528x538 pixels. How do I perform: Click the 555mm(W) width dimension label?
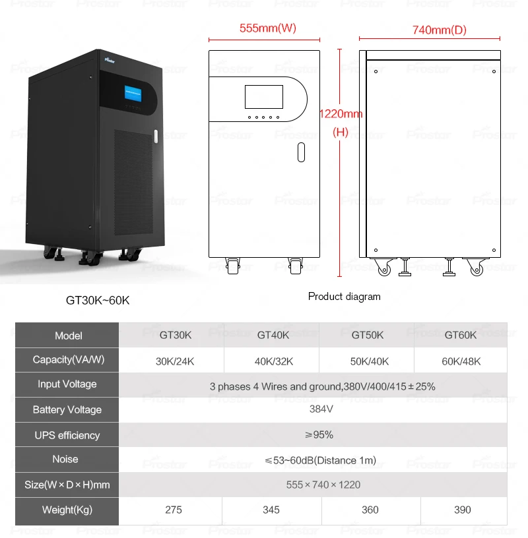[x=267, y=28]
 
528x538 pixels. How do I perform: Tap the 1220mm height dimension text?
[x=341, y=114]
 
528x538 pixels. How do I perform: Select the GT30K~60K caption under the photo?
[x=98, y=300]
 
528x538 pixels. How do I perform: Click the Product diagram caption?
[x=344, y=297]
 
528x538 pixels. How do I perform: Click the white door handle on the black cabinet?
[x=156, y=136]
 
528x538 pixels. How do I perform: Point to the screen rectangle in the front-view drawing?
[x=263, y=96]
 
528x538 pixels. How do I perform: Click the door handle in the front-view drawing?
[x=301, y=152]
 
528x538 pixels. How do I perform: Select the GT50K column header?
[x=367, y=335]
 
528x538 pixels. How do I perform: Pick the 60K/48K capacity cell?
[x=462, y=361]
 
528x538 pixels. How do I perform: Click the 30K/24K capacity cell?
[x=175, y=361]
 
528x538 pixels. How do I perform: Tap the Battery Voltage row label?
[x=67, y=410]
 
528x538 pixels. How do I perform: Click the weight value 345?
[x=271, y=510]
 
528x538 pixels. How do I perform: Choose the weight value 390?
[x=463, y=510]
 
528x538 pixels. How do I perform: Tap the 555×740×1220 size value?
[x=323, y=485]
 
